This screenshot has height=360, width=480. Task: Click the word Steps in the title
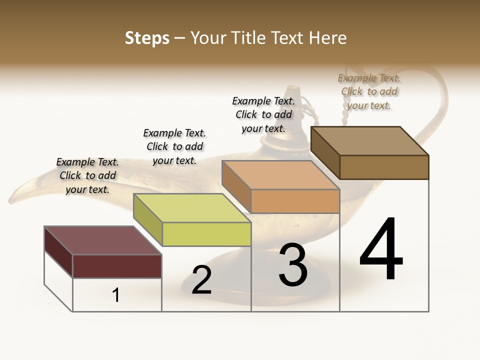click(x=147, y=38)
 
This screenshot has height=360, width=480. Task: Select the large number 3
click(x=293, y=264)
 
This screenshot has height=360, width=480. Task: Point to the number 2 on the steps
click(x=201, y=280)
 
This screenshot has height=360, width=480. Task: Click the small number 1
click(x=116, y=295)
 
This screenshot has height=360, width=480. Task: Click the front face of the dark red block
click(x=117, y=266)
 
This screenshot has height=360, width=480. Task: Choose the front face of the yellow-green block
click(x=206, y=234)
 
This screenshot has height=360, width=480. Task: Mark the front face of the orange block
click(x=295, y=201)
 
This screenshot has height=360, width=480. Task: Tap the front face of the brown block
click(x=384, y=167)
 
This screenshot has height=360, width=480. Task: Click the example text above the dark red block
click(x=87, y=175)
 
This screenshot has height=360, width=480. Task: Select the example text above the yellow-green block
click(x=174, y=146)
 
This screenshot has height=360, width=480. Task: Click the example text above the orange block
click(x=263, y=114)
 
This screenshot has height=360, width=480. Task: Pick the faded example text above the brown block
click(x=369, y=91)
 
